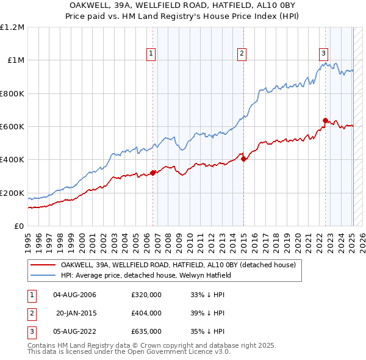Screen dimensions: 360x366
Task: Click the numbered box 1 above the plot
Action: point(151,54)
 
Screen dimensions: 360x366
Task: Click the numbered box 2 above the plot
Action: point(242,54)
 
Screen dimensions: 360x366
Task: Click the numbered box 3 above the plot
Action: point(323,54)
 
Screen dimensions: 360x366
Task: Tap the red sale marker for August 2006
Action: point(152,173)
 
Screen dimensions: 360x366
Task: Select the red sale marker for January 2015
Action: point(243,159)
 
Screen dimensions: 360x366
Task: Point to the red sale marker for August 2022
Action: point(325,121)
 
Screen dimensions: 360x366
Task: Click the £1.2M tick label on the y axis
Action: point(12,27)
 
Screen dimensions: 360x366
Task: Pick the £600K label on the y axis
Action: point(12,127)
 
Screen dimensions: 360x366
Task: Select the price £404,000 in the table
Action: point(146,313)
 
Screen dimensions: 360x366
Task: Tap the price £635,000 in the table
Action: point(146,331)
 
